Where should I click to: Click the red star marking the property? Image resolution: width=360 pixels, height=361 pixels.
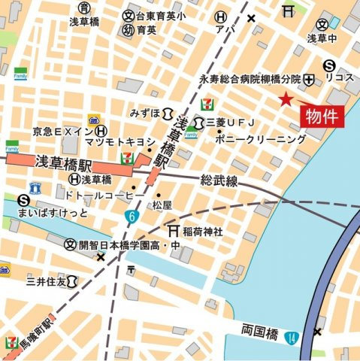286,99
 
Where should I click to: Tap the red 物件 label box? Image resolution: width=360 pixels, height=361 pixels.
322,116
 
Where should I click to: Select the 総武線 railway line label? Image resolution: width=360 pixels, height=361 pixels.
219,181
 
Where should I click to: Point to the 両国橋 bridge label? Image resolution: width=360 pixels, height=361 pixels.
262,331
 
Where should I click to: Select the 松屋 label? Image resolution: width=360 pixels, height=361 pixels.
162,205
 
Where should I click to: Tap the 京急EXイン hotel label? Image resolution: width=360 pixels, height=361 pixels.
63,131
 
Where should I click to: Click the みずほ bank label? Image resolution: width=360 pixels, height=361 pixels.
145,113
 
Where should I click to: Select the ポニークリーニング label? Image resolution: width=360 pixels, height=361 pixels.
260,140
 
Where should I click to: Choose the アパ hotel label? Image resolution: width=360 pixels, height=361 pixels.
220,31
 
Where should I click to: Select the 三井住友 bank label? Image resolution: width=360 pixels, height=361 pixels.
46,281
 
